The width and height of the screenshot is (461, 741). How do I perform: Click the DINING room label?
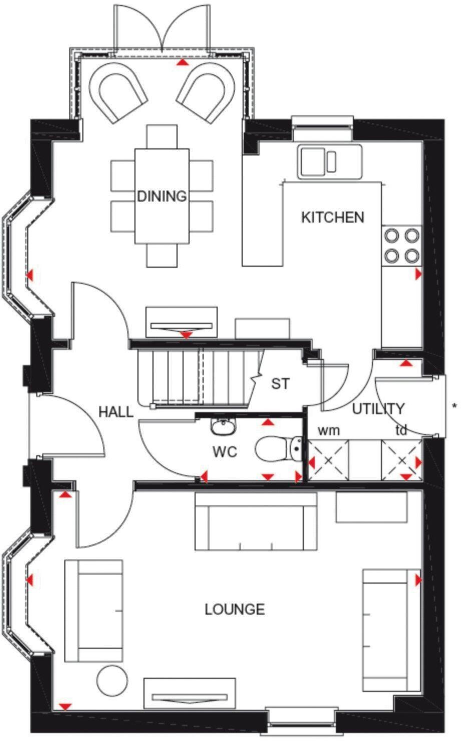tap(162, 196)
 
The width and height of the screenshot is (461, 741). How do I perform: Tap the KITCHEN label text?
tap(332, 217)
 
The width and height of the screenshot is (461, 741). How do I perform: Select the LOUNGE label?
tap(235, 609)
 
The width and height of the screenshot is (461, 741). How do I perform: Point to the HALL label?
tap(116, 412)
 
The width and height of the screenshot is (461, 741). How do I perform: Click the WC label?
tap(224, 452)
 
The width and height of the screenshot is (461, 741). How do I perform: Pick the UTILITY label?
tap(378, 409)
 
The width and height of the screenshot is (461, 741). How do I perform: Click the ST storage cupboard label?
tap(280, 384)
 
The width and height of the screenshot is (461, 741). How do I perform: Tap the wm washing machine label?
tap(329, 430)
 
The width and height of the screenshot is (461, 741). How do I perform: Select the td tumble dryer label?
tap(401, 430)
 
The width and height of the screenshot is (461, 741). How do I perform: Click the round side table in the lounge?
tap(112, 681)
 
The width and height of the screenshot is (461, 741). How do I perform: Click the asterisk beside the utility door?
tap(454, 406)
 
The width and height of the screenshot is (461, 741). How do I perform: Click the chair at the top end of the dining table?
tap(162, 136)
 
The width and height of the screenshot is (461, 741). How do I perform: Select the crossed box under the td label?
tap(401, 460)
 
